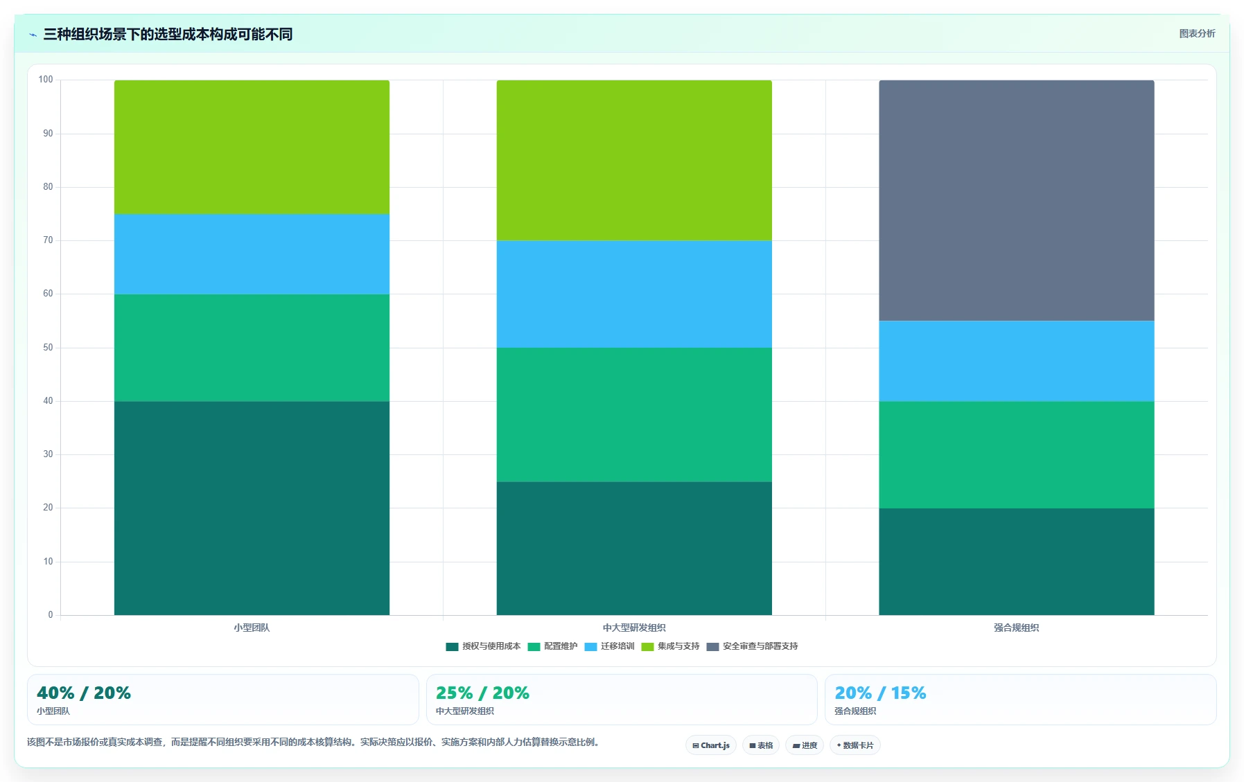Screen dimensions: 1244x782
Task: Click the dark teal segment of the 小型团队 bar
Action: click(252, 508)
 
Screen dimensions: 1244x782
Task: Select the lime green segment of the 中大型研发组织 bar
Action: click(634, 160)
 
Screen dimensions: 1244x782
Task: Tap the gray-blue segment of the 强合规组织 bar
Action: click(1017, 200)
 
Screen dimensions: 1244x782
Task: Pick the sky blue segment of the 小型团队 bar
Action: click(252, 254)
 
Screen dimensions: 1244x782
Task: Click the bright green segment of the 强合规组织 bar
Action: click(1017, 454)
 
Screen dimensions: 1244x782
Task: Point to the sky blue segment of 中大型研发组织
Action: click(634, 294)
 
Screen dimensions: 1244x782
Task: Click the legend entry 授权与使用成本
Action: click(483, 646)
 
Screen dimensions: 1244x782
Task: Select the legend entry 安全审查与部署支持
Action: click(752, 646)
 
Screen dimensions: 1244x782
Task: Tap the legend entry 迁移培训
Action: click(609, 646)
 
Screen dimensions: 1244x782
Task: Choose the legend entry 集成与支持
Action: click(670, 646)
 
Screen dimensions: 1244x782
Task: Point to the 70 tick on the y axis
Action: click(48, 240)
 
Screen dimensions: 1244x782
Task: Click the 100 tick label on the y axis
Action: click(46, 80)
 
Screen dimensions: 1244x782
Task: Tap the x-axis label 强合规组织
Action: click(1016, 628)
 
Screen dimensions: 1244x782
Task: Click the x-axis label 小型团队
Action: click(252, 628)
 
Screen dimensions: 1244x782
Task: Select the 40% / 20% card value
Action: click(84, 693)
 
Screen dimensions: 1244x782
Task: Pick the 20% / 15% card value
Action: click(880, 693)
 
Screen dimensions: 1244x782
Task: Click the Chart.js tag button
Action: click(711, 745)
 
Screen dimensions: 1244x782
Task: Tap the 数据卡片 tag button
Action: click(855, 745)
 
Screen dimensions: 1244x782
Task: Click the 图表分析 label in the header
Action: click(1197, 33)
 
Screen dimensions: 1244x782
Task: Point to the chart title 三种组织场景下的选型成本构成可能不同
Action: click(168, 34)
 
